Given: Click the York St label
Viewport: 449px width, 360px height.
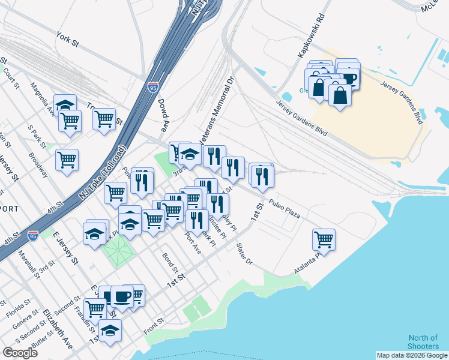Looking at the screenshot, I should (x=67, y=39).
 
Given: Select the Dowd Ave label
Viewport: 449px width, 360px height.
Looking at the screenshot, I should (x=163, y=114).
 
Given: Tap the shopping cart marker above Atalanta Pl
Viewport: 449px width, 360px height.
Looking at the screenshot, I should (x=324, y=239).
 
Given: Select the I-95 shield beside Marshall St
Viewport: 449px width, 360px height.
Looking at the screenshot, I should (x=34, y=235).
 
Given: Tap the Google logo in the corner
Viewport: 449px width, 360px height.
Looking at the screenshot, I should (x=20, y=353).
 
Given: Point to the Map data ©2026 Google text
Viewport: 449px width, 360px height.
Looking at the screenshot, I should (x=411, y=355).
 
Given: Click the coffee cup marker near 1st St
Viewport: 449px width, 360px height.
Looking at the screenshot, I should (x=122, y=297).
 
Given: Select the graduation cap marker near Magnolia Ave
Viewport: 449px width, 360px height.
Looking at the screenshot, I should (x=65, y=105).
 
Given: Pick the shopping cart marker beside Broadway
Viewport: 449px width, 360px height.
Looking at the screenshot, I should (x=67, y=160).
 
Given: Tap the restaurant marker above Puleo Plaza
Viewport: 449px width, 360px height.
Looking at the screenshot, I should (x=262, y=175).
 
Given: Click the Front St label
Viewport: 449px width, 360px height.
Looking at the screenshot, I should (x=154, y=328).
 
